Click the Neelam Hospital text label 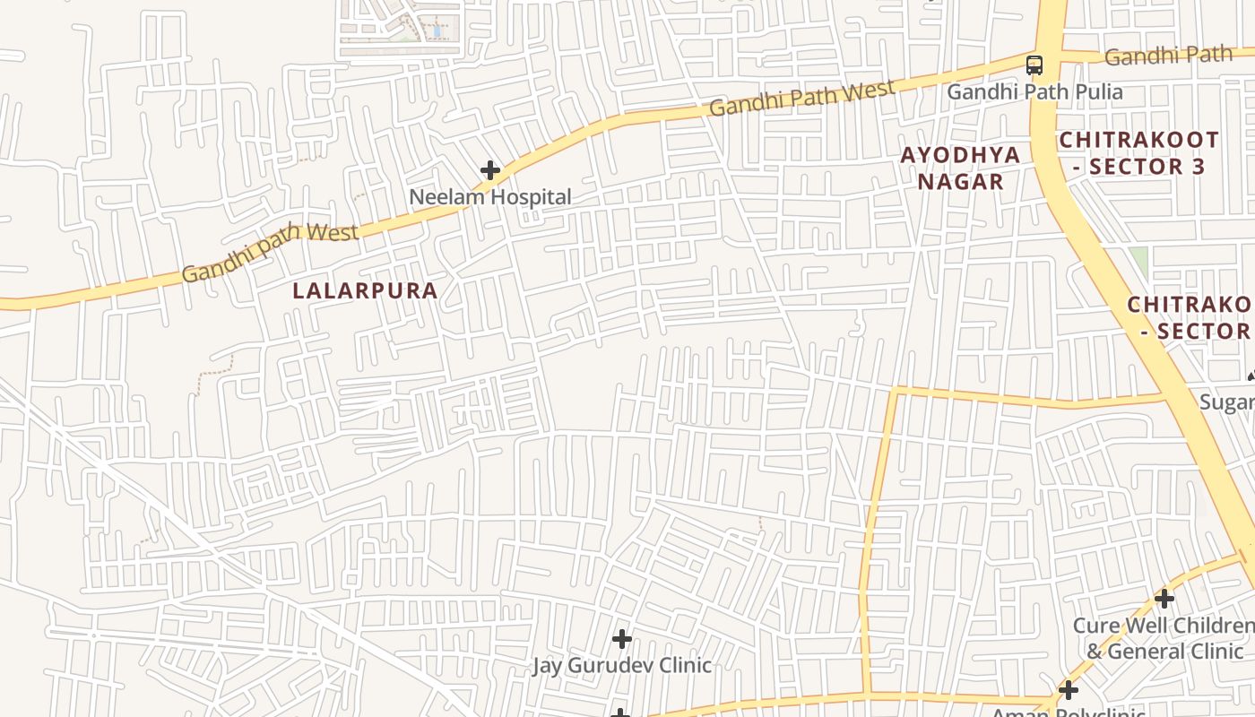[489, 196]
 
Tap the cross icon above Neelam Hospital [490, 169]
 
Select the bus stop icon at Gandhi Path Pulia [1034, 65]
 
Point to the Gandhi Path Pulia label [1034, 91]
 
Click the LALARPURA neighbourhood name [366, 290]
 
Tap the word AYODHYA [960, 155]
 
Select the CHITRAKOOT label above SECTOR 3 [1138, 140]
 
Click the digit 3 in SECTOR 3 [1199, 167]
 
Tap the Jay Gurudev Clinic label [622, 665]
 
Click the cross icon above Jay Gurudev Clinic [622, 639]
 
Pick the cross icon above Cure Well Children [1164, 598]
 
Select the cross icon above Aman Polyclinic [1068, 690]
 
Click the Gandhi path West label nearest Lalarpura [270, 251]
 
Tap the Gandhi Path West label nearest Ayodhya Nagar [801, 98]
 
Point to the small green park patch [1138, 261]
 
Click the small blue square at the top [437, 30]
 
